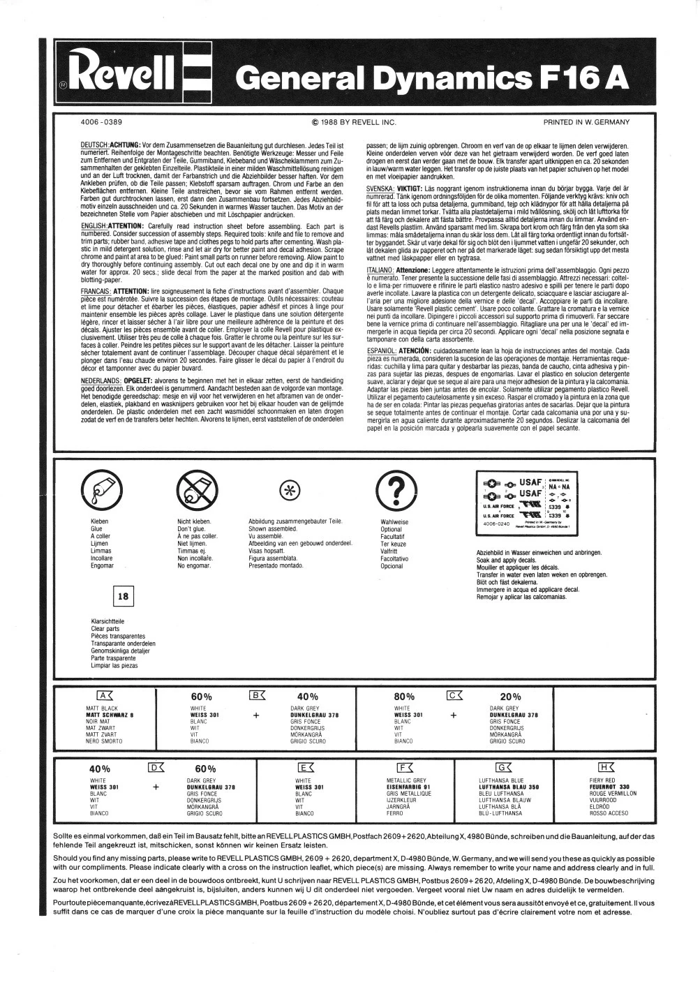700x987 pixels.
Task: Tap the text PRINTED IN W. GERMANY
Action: pyautogui.click(x=586, y=122)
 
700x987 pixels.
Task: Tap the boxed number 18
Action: pyautogui.click(x=123, y=596)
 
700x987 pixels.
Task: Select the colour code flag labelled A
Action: pyautogui.click(x=104, y=695)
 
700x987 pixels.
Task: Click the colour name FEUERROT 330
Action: pyautogui.click(x=609, y=787)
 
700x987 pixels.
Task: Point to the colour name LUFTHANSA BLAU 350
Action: pyautogui.click(x=509, y=787)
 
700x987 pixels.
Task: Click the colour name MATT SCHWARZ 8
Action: pyautogui.click(x=109, y=715)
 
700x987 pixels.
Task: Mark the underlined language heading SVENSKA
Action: pyautogui.click(x=380, y=188)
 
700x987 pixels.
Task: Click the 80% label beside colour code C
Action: pyautogui.click(x=404, y=697)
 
